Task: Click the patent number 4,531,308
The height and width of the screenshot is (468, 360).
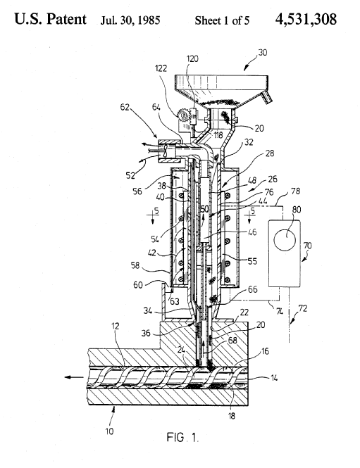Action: (306, 19)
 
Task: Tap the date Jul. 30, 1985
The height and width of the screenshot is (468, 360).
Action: (130, 20)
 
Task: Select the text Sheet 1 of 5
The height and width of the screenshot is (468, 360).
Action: (222, 20)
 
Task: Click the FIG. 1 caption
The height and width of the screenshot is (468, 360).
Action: (182, 437)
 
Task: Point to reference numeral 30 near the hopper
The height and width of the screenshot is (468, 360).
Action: (262, 53)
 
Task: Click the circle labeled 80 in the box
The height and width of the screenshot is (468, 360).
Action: (285, 240)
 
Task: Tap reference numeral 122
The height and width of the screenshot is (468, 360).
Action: (161, 68)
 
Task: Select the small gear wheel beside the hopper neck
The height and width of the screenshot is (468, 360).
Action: (182, 114)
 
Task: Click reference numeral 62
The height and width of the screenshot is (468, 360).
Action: (125, 106)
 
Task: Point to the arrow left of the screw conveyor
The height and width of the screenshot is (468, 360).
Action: (74, 377)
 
